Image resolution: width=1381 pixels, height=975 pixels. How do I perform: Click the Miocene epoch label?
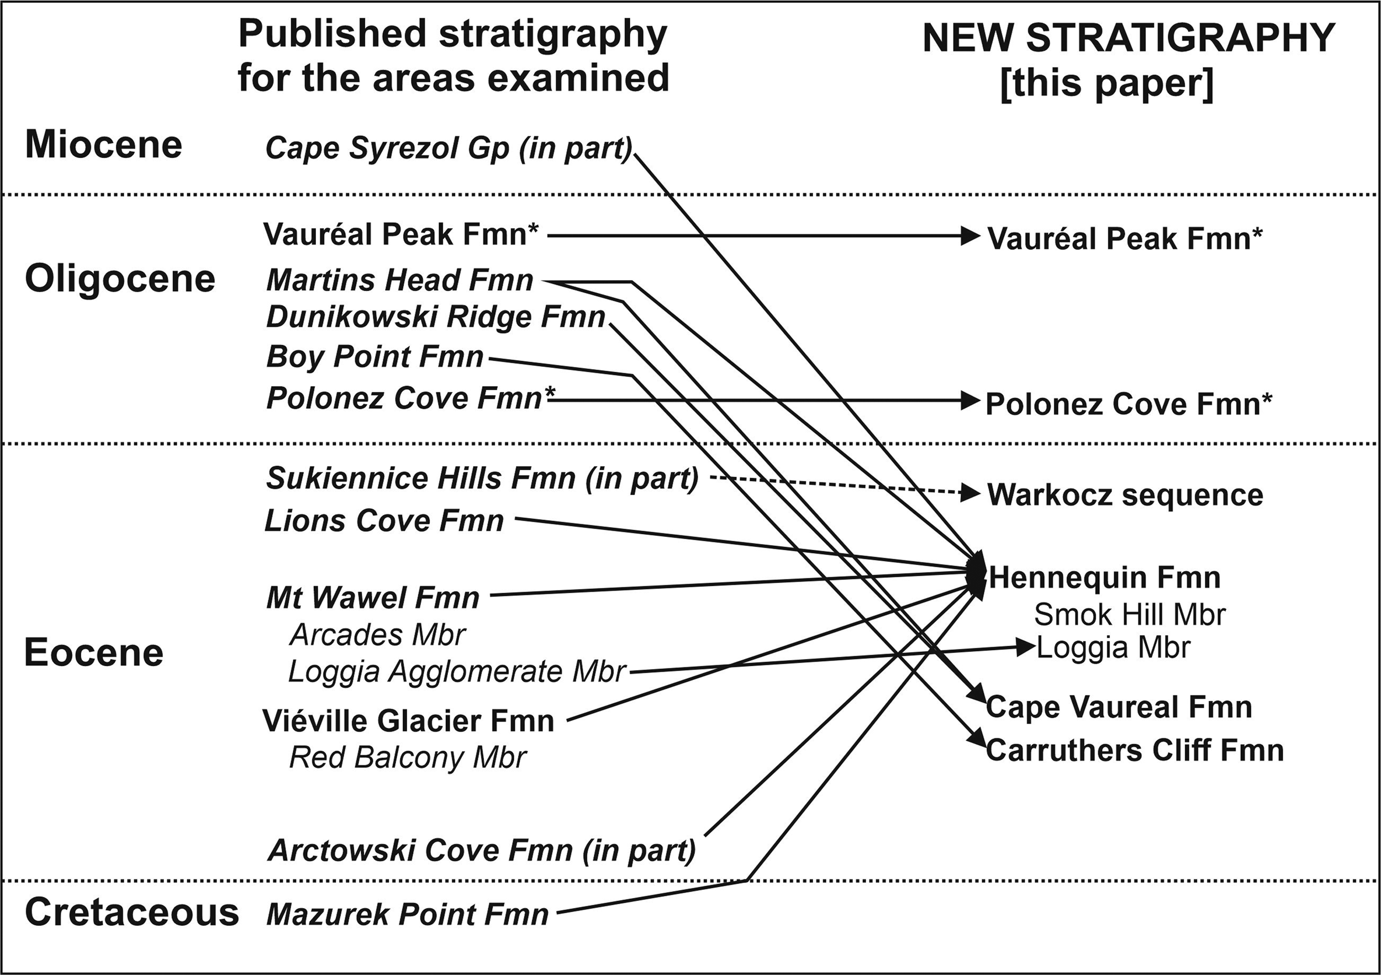[103, 145]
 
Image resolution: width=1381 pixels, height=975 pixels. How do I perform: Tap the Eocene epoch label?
[93, 652]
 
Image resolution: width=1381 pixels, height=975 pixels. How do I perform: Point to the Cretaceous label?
[131, 913]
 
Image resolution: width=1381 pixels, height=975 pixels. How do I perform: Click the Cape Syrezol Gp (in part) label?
[449, 148]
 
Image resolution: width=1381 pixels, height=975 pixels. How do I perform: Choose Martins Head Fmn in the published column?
[399, 280]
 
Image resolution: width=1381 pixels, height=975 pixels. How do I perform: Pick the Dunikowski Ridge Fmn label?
[435, 317]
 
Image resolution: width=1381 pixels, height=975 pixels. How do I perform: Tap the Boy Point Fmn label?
[374, 357]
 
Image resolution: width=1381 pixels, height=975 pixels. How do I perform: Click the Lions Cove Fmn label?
[384, 521]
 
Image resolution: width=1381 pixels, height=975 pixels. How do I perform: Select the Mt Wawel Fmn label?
[372, 598]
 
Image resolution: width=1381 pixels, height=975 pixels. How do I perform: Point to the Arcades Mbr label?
[377, 635]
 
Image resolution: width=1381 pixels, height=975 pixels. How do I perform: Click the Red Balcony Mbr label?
[407, 757]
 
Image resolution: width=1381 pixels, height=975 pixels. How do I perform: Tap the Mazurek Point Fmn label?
[407, 915]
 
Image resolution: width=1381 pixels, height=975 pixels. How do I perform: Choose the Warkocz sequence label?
[1125, 495]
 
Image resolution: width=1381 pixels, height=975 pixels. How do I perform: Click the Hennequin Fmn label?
[1104, 578]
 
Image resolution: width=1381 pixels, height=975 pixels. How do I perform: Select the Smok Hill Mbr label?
[1130, 615]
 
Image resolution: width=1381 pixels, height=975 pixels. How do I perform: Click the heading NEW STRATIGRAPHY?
[1129, 39]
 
